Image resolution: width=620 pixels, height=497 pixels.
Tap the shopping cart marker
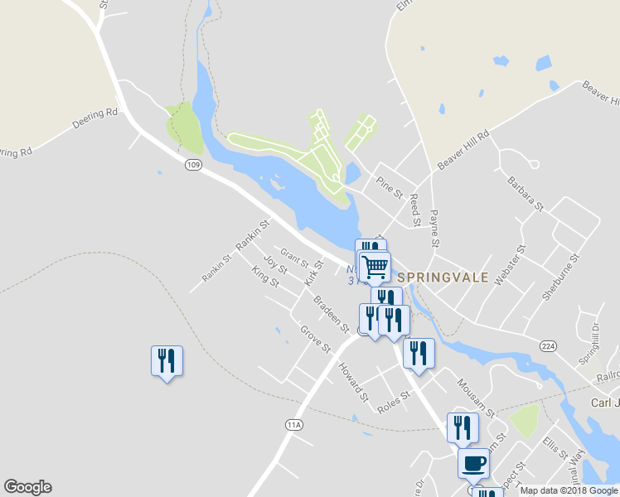click(375, 267)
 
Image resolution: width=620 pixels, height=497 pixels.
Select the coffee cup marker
click(473, 463)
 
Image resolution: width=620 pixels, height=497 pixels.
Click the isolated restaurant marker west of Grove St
click(167, 361)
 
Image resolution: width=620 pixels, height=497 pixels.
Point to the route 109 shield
click(193, 166)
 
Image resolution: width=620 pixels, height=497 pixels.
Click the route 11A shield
click(293, 425)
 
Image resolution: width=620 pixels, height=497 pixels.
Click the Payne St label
click(434, 229)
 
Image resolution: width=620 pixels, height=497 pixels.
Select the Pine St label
click(389, 186)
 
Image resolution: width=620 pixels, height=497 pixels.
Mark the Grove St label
click(316, 338)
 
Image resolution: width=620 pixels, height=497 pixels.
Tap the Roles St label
click(394, 402)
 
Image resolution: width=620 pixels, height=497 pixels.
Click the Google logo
click(27, 487)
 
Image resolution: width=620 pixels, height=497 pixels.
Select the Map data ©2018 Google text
click(569, 490)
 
